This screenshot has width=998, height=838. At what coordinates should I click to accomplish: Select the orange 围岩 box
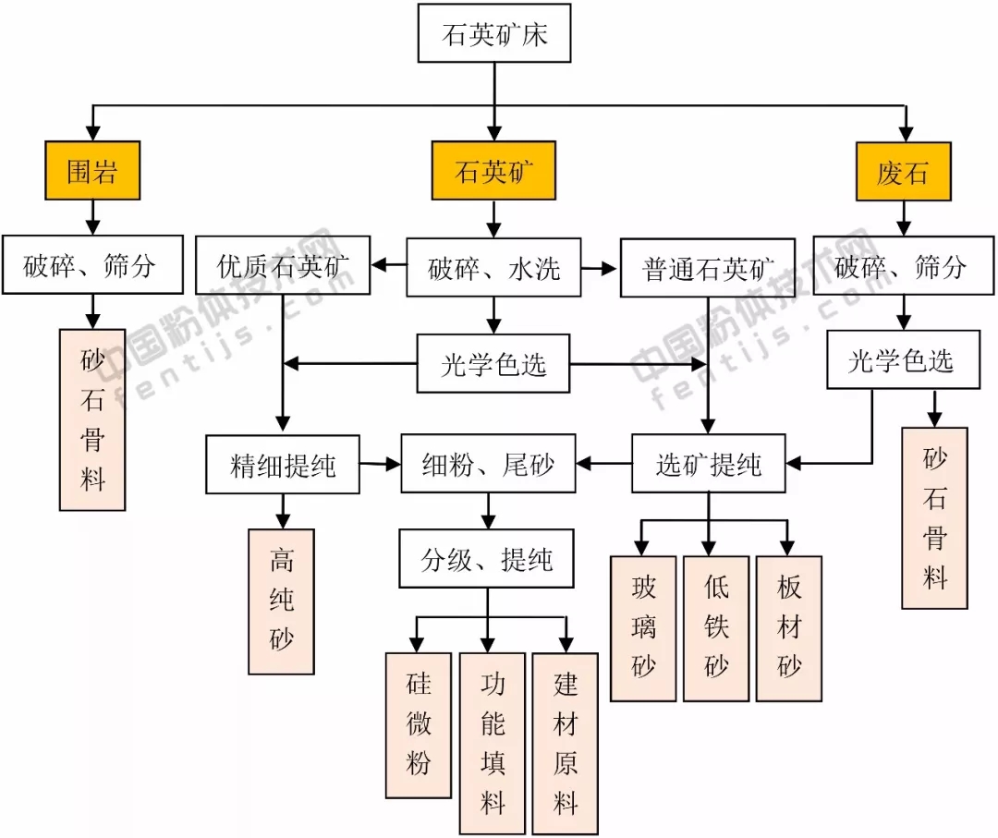point(92,171)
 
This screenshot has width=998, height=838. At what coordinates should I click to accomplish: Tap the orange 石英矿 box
point(493,171)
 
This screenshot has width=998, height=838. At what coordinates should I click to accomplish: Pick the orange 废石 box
point(902,171)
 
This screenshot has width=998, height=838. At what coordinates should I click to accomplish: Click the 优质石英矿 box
point(283,268)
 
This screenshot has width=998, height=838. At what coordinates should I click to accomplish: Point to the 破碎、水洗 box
point(493,268)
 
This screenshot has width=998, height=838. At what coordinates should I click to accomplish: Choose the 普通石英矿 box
point(708,269)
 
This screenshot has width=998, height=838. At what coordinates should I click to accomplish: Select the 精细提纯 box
point(283,464)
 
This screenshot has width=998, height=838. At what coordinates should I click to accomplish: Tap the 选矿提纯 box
point(709,464)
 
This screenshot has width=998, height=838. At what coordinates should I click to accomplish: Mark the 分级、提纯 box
point(487,559)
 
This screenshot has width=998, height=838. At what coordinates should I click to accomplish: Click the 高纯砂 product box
point(282,601)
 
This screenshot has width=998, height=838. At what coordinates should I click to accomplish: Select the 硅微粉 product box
point(419,724)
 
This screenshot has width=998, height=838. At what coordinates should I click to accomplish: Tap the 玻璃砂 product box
point(643,627)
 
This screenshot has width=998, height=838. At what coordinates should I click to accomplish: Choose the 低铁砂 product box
point(716,627)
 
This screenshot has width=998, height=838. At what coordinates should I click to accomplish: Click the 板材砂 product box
point(788,627)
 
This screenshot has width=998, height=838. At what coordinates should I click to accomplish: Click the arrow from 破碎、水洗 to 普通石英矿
point(602,268)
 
